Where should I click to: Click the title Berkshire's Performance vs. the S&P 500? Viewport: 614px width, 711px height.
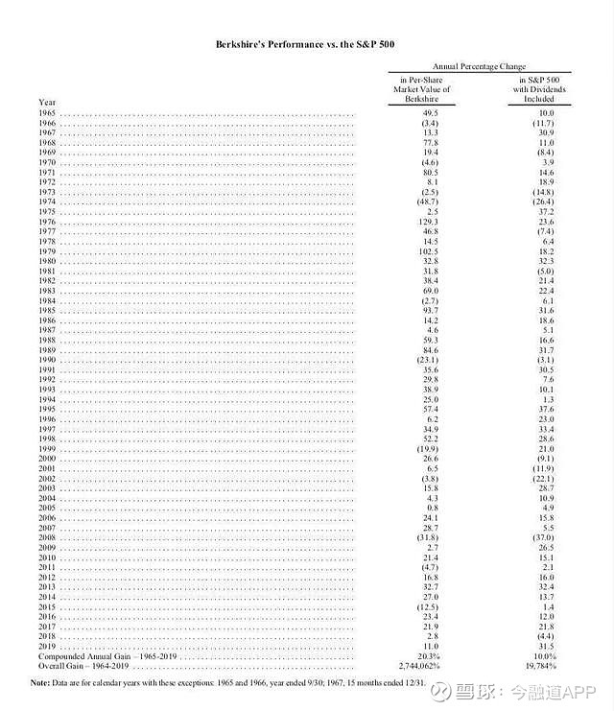307,45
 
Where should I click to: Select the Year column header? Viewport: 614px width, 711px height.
46,102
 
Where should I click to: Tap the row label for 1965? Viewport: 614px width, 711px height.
47,113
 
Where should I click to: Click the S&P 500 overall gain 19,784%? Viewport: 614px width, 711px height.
543,664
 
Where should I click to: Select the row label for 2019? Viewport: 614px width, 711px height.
47,645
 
